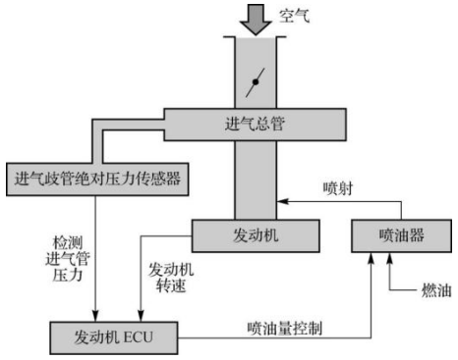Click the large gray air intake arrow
click(256, 19)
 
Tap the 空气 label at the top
click(294, 16)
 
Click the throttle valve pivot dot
click(256, 82)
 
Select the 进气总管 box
click(255, 125)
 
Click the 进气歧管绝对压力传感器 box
click(97, 180)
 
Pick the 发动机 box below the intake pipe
click(256, 235)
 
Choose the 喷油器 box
click(401, 235)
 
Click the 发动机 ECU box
click(114, 337)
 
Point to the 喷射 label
click(338, 188)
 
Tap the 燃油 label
click(436, 290)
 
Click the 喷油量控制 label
click(285, 329)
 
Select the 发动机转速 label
click(171, 278)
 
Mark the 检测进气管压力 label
click(68, 259)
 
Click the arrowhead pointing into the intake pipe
click(282, 201)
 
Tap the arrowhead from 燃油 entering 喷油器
click(389, 258)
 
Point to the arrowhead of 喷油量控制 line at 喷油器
click(371, 258)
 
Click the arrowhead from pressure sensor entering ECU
click(95, 316)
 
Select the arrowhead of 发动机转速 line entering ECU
click(141, 316)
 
